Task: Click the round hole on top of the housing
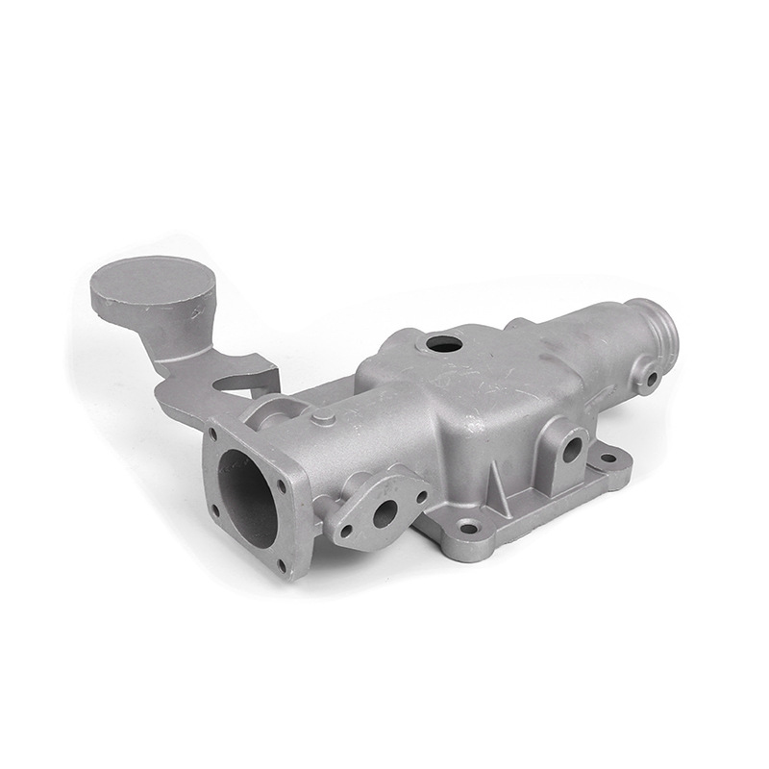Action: click(x=443, y=341)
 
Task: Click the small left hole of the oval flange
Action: click(x=344, y=530)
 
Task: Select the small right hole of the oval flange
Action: click(x=421, y=498)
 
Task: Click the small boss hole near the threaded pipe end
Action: click(x=651, y=378)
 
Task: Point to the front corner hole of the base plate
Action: click(x=469, y=527)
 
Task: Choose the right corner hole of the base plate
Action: click(x=608, y=458)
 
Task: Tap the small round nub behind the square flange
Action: click(x=325, y=419)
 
